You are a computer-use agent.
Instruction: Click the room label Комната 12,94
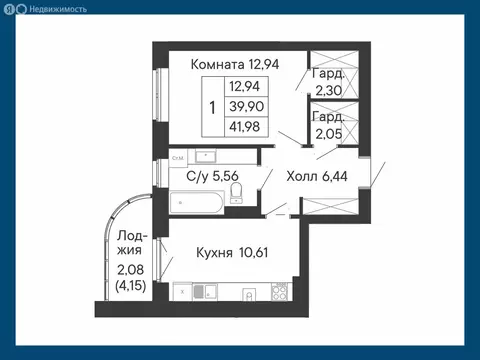pyautogui.click(x=235, y=63)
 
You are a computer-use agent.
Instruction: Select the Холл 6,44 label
pyautogui.click(x=316, y=177)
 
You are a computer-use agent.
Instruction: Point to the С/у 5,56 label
pyautogui.click(x=212, y=177)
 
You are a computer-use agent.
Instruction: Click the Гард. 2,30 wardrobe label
pyautogui.click(x=329, y=82)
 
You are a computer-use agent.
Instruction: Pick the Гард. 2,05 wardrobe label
pyautogui.click(x=329, y=126)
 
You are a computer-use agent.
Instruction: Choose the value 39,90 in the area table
pyautogui.click(x=246, y=106)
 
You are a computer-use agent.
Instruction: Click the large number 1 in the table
pyautogui.click(x=212, y=106)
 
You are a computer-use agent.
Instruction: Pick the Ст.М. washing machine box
pyautogui.click(x=177, y=157)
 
